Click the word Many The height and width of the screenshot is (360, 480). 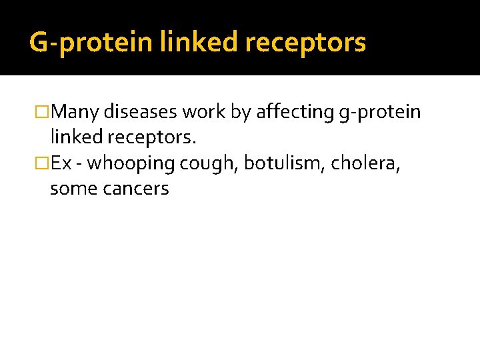[x=75, y=112]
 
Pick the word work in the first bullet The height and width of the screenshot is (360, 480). [x=205, y=112]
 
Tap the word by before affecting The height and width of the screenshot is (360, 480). [x=241, y=112]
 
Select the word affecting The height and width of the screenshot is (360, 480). [x=294, y=112]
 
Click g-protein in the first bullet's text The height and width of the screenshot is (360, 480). [x=380, y=112]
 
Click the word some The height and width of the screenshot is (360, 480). [x=70, y=189]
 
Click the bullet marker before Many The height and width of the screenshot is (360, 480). [x=44, y=112]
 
